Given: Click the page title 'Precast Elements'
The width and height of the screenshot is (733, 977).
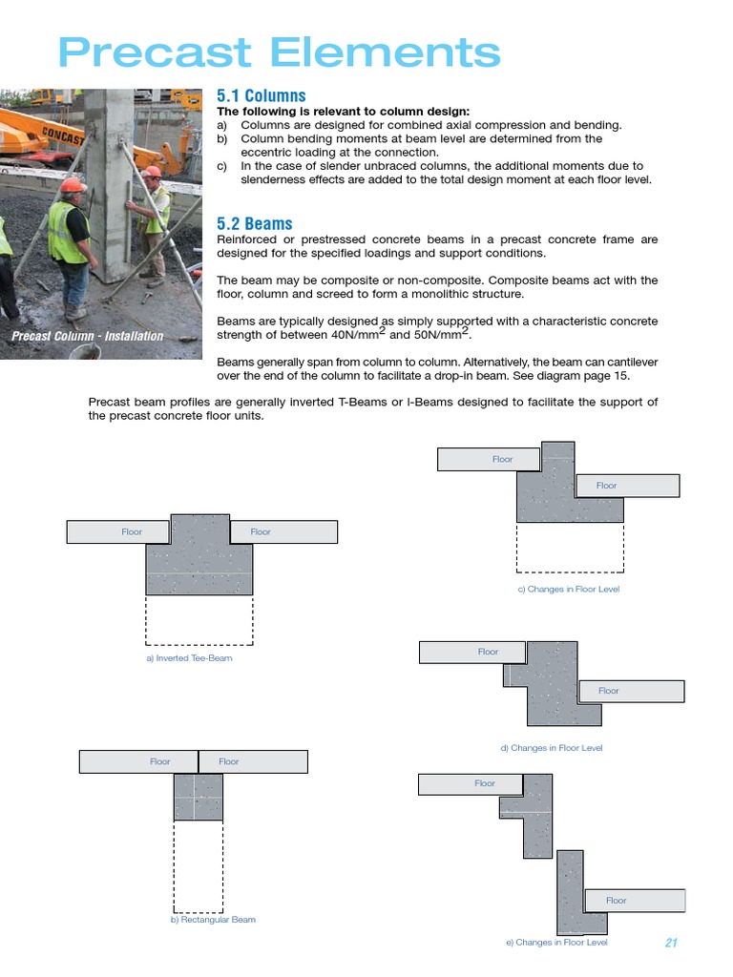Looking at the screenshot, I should tap(279, 52).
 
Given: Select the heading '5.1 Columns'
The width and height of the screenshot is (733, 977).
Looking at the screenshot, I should tap(262, 95).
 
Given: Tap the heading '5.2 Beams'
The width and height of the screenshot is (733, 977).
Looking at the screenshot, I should tap(255, 223).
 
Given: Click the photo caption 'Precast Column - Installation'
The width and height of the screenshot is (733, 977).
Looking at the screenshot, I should tap(87, 336).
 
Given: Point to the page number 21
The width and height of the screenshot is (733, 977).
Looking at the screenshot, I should tap(670, 943).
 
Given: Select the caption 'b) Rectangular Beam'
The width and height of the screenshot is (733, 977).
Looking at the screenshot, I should tap(212, 920).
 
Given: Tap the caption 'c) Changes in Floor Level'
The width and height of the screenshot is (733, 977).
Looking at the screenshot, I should tap(568, 590).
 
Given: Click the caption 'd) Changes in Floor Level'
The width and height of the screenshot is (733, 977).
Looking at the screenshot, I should tap(552, 748).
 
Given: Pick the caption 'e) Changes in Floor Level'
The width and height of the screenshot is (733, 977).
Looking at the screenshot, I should tap(556, 943).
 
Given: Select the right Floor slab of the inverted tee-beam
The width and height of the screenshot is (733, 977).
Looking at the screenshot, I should tap(283, 531).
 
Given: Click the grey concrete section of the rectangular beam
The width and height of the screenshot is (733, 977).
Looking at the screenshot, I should tap(198, 798).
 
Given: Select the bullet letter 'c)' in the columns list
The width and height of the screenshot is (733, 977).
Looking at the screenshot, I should tap(222, 166).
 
